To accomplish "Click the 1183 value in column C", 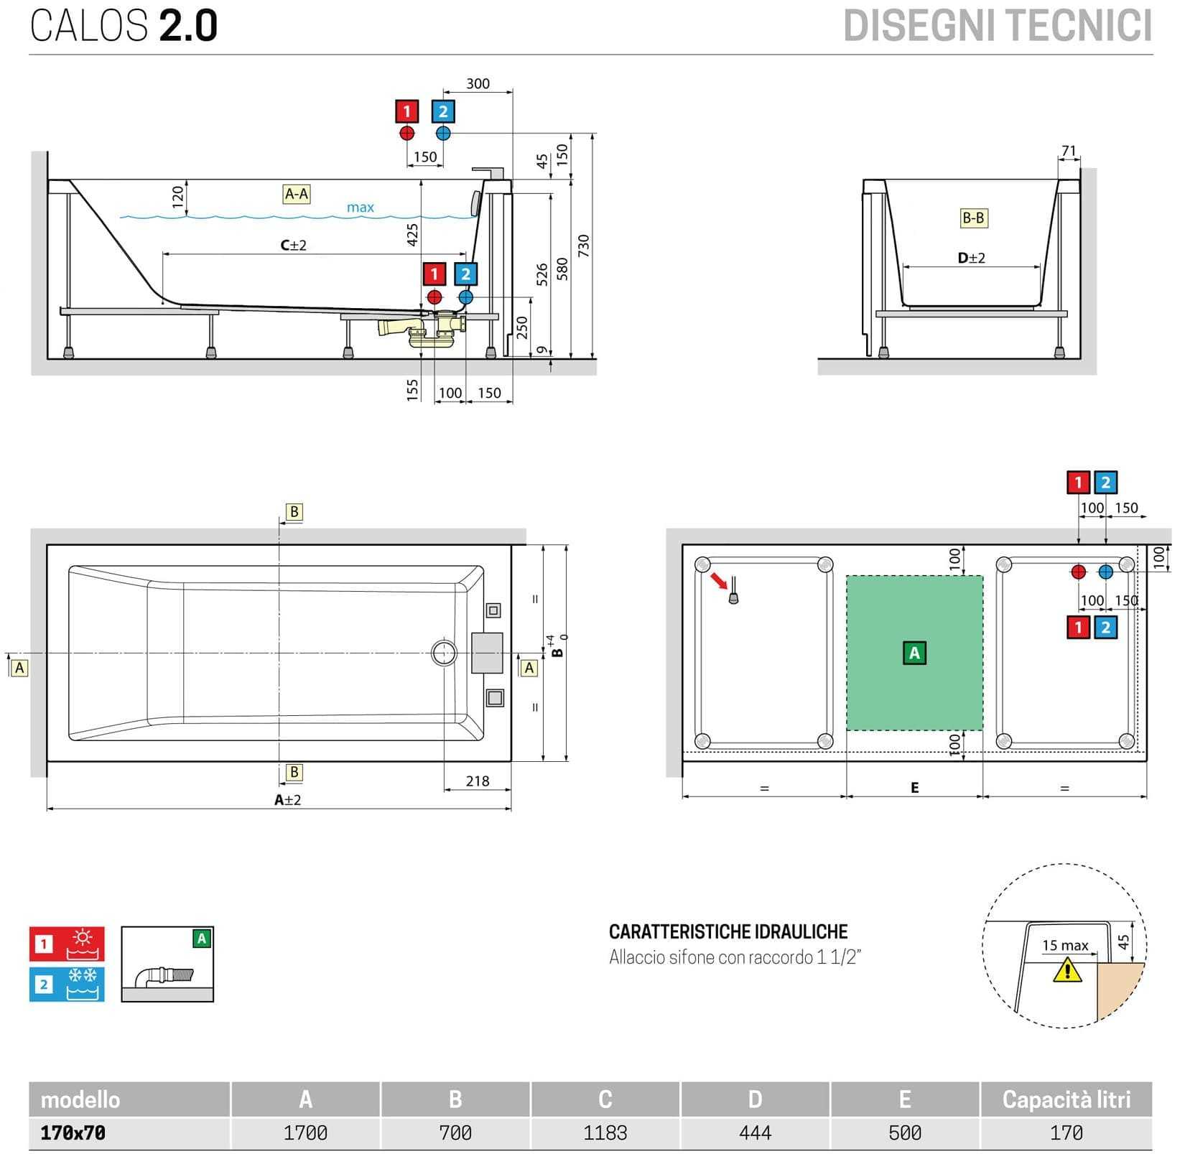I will point(605,1132).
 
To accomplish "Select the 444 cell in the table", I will point(755,1132).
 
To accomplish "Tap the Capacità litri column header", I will point(1066,1099).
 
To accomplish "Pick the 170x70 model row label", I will point(73,1132).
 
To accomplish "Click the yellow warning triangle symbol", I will point(1067,971).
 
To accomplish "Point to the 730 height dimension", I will point(583,246).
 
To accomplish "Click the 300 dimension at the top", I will point(478,83).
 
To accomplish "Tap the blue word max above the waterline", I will point(360,208).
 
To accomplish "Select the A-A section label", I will point(297,194).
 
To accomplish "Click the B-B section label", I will point(973,218).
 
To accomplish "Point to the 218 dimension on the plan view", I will point(478,781).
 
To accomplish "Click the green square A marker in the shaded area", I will point(914,653).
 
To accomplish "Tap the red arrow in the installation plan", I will point(718,580).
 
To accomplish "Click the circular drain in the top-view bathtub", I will point(444,653).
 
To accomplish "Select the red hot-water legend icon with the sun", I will point(67,944).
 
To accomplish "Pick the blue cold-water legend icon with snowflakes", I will point(67,984).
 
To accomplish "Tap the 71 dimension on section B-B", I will point(1069,151).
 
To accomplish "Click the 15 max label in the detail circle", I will point(1065,946).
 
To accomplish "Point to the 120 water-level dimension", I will point(178,196).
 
